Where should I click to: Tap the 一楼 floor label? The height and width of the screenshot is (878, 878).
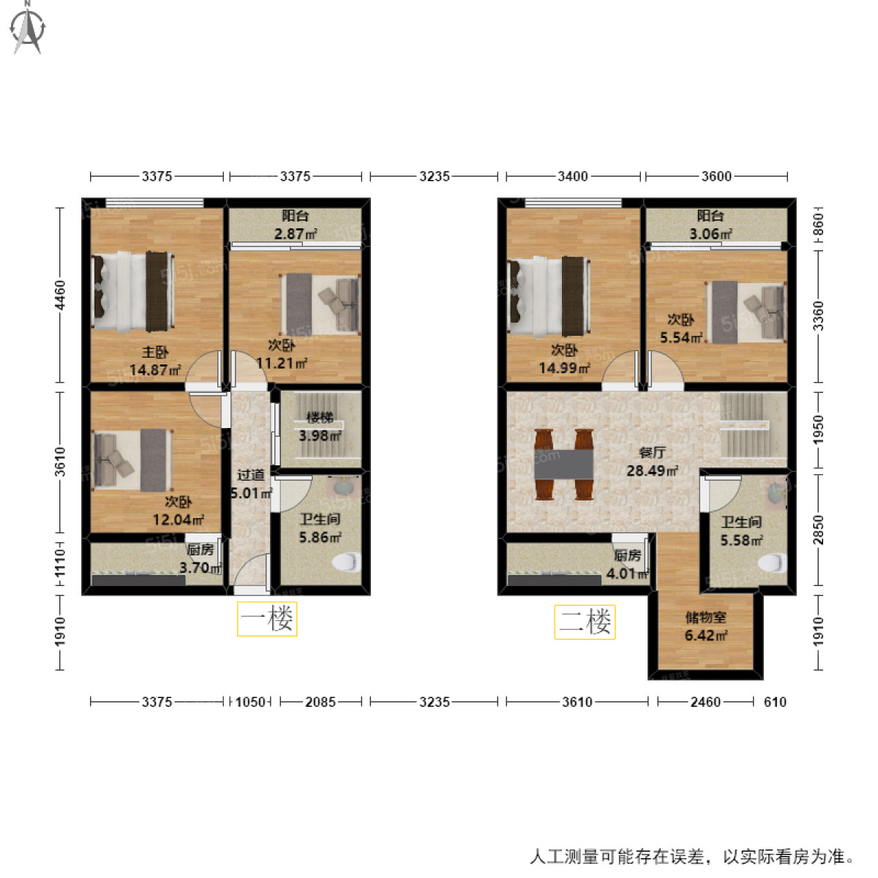(267, 619)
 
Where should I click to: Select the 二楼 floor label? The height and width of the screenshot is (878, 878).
(585, 622)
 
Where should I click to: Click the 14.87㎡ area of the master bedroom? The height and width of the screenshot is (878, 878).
(155, 370)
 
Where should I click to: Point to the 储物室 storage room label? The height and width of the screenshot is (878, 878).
(705, 618)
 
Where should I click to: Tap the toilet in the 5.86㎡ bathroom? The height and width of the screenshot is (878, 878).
(346, 563)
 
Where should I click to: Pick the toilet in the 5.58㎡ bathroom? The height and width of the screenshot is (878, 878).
(770, 563)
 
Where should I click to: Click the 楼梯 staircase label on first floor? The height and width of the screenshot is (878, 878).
(320, 418)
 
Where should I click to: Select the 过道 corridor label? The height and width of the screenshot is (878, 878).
(250, 476)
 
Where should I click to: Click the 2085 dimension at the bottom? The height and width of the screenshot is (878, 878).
(320, 702)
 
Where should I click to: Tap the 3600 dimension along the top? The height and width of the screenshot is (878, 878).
(716, 176)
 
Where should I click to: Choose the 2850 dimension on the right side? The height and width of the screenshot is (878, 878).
(818, 530)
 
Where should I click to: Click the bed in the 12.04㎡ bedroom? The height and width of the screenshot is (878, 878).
(132, 459)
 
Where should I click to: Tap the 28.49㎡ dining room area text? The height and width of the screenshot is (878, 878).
(651, 470)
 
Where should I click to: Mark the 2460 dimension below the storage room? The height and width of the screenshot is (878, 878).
(705, 702)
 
